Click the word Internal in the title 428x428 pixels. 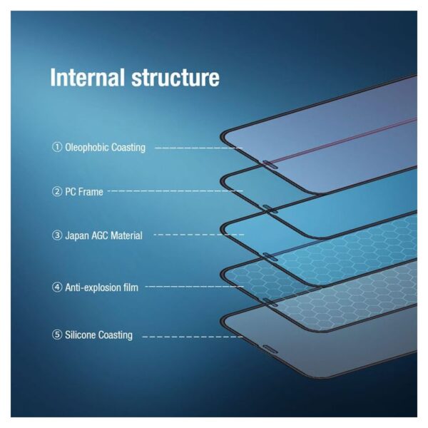click(x=87, y=77)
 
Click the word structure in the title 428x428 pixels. click(x=175, y=78)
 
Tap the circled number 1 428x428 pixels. click(x=57, y=147)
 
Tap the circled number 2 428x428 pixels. click(x=57, y=192)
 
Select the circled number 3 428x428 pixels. click(x=57, y=235)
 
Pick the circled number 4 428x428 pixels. click(x=57, y=287)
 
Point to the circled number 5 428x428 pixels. click(x=57, y=335)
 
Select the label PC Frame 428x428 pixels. click(x=84, y=192)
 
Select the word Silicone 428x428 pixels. click(x=80, y=335)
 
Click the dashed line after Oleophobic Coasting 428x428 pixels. click(x=199, y=148)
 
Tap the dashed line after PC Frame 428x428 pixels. click(x=175, y=190)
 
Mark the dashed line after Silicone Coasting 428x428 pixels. click(x=193, y=337)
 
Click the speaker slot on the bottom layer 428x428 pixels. click(x=270, y=349)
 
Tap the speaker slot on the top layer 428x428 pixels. click(x=270, y=165)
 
